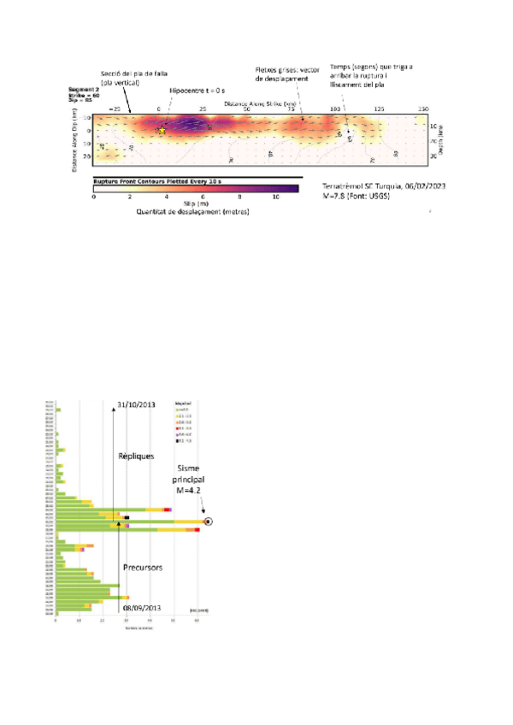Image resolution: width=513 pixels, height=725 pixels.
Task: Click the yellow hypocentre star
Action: coord(161,130)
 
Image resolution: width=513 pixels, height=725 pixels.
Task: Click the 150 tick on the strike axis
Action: coord(422,109)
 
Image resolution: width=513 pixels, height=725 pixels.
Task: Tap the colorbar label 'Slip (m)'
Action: coord(195,205)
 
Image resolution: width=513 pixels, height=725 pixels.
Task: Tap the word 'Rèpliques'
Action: coord(136,457)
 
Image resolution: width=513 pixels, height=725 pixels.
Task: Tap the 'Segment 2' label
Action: coord(83,89)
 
